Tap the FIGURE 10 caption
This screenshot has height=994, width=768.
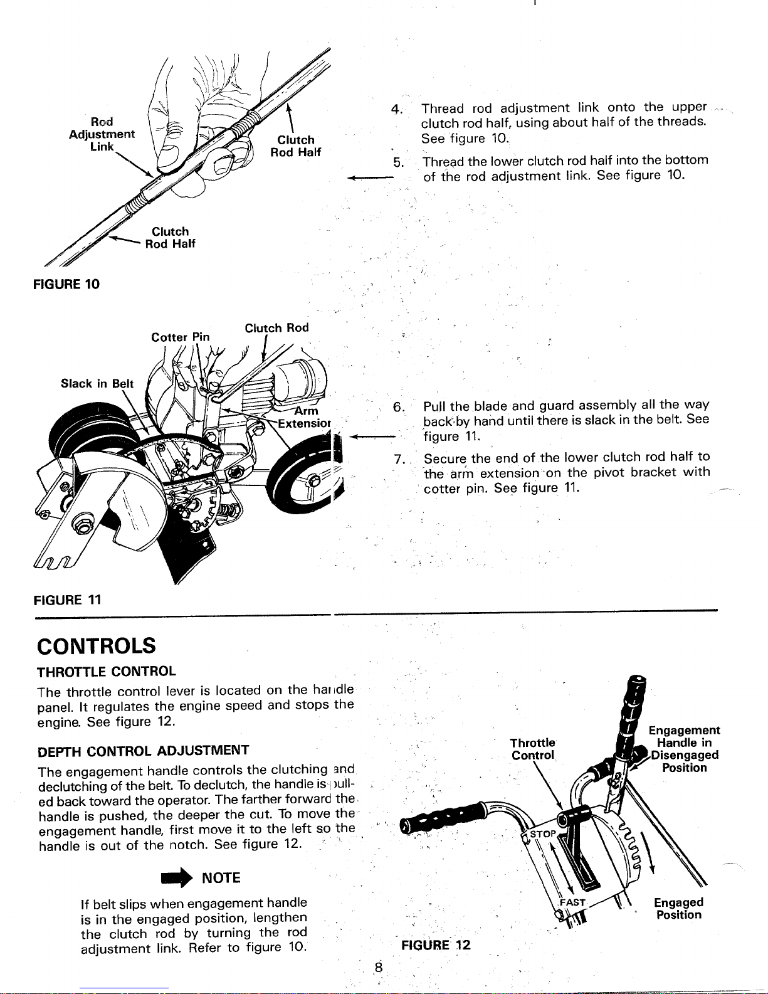tap(66, 284)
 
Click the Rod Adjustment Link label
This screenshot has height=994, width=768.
tap(102, 134)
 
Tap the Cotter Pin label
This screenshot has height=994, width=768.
tap(181, 337)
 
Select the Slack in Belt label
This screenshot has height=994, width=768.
tap(97, 383)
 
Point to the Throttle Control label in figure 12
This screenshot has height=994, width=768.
tap(533, 749)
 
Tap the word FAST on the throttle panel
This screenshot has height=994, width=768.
tap(573, 902)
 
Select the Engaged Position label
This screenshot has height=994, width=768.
tap(678, 908)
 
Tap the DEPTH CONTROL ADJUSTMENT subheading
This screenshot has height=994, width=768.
tap(143, 750)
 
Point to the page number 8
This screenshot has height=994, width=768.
tap(379, 968)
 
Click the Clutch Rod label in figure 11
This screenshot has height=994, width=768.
tap(276, 328)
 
